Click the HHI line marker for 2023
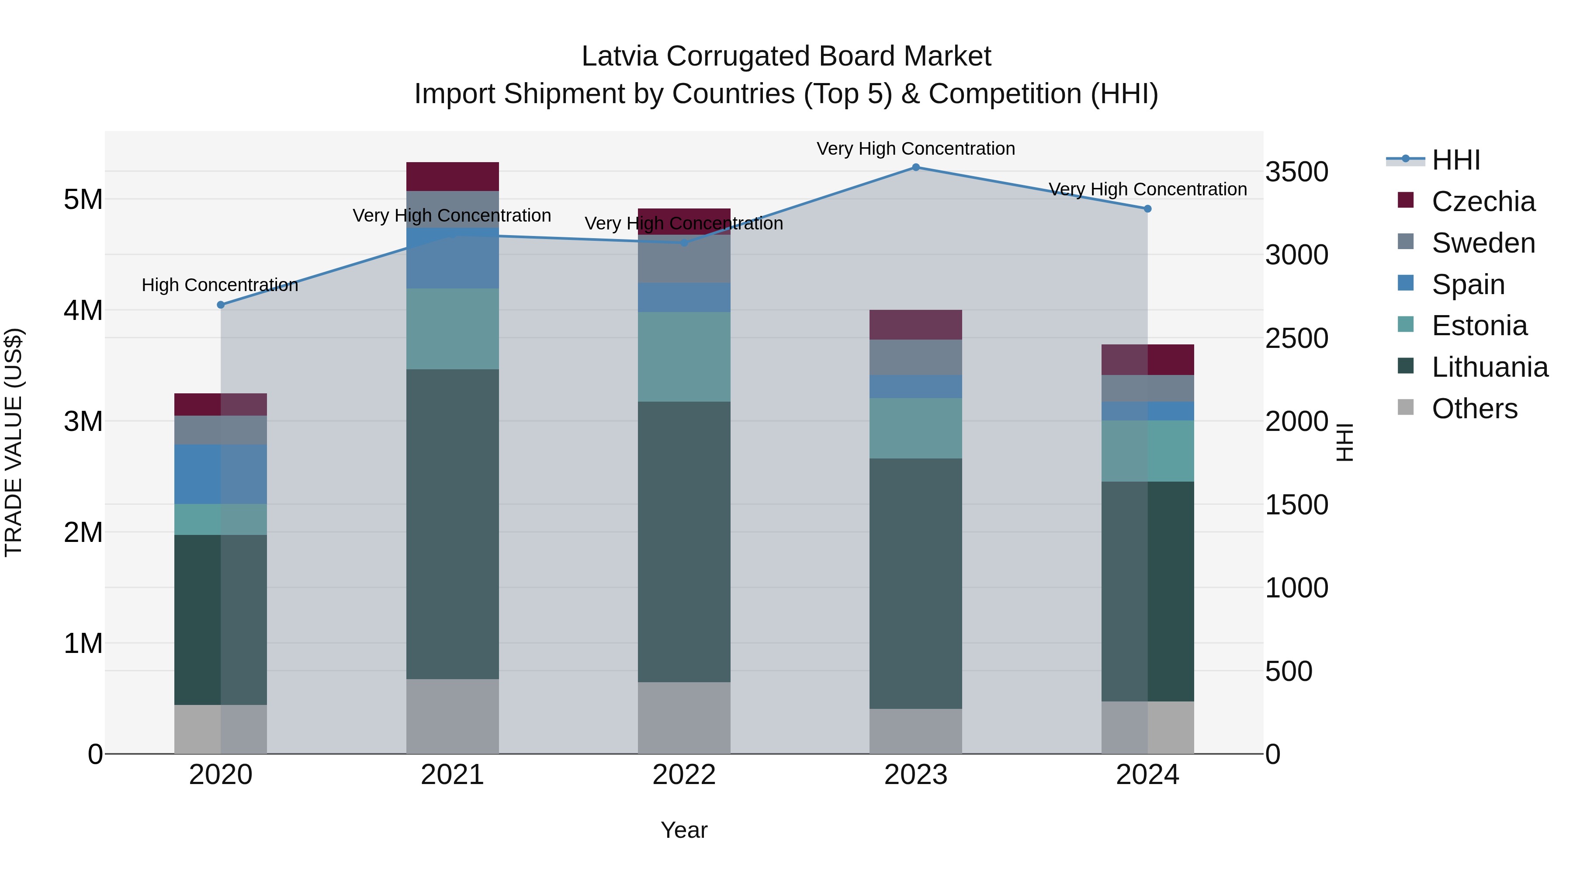[x=915, y=167]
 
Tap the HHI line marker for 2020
[x=221, y=305]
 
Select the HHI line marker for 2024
[x=1147, y=209]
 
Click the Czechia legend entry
[x=1483, y=201]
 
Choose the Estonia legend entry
[x=1479, y=326]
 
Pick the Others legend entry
[x=1474, y=409]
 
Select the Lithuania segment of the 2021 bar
[x=453, y=524]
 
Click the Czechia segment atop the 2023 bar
[x=915, y=324]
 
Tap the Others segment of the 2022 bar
[x=684, y=718]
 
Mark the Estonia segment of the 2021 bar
[x=453, y=329]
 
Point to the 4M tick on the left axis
[x=83, y=310]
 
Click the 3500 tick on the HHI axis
[x=1296, y=172]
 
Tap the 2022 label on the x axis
[x=684, y=775]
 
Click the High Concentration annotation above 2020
[x=220, y=285]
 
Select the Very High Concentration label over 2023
[x=915, y=149]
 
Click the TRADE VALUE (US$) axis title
[x=14, y=442]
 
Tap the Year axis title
[x=684, y=830]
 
